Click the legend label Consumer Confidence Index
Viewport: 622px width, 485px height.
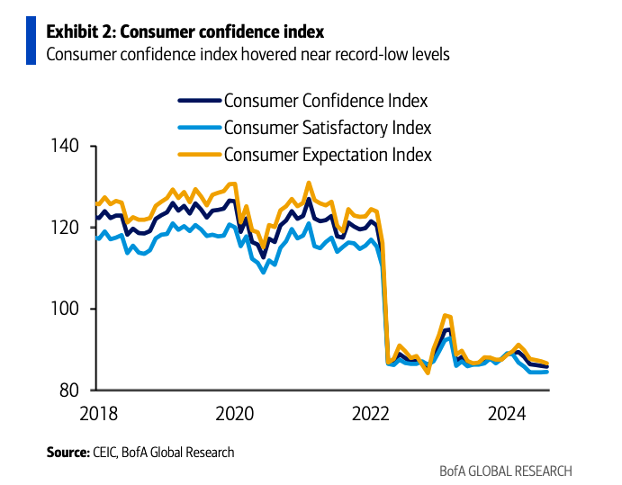pos(325,100)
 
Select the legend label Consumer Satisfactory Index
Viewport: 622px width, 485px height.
pos(327,127)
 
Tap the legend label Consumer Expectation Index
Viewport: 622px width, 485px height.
pos(328,155)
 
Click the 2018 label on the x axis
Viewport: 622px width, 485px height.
pos(99,414)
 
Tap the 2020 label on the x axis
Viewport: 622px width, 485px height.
pos(235,414)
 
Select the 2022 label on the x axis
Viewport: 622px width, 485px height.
pos(371,414)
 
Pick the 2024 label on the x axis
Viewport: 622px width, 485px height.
pos(507,414)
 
